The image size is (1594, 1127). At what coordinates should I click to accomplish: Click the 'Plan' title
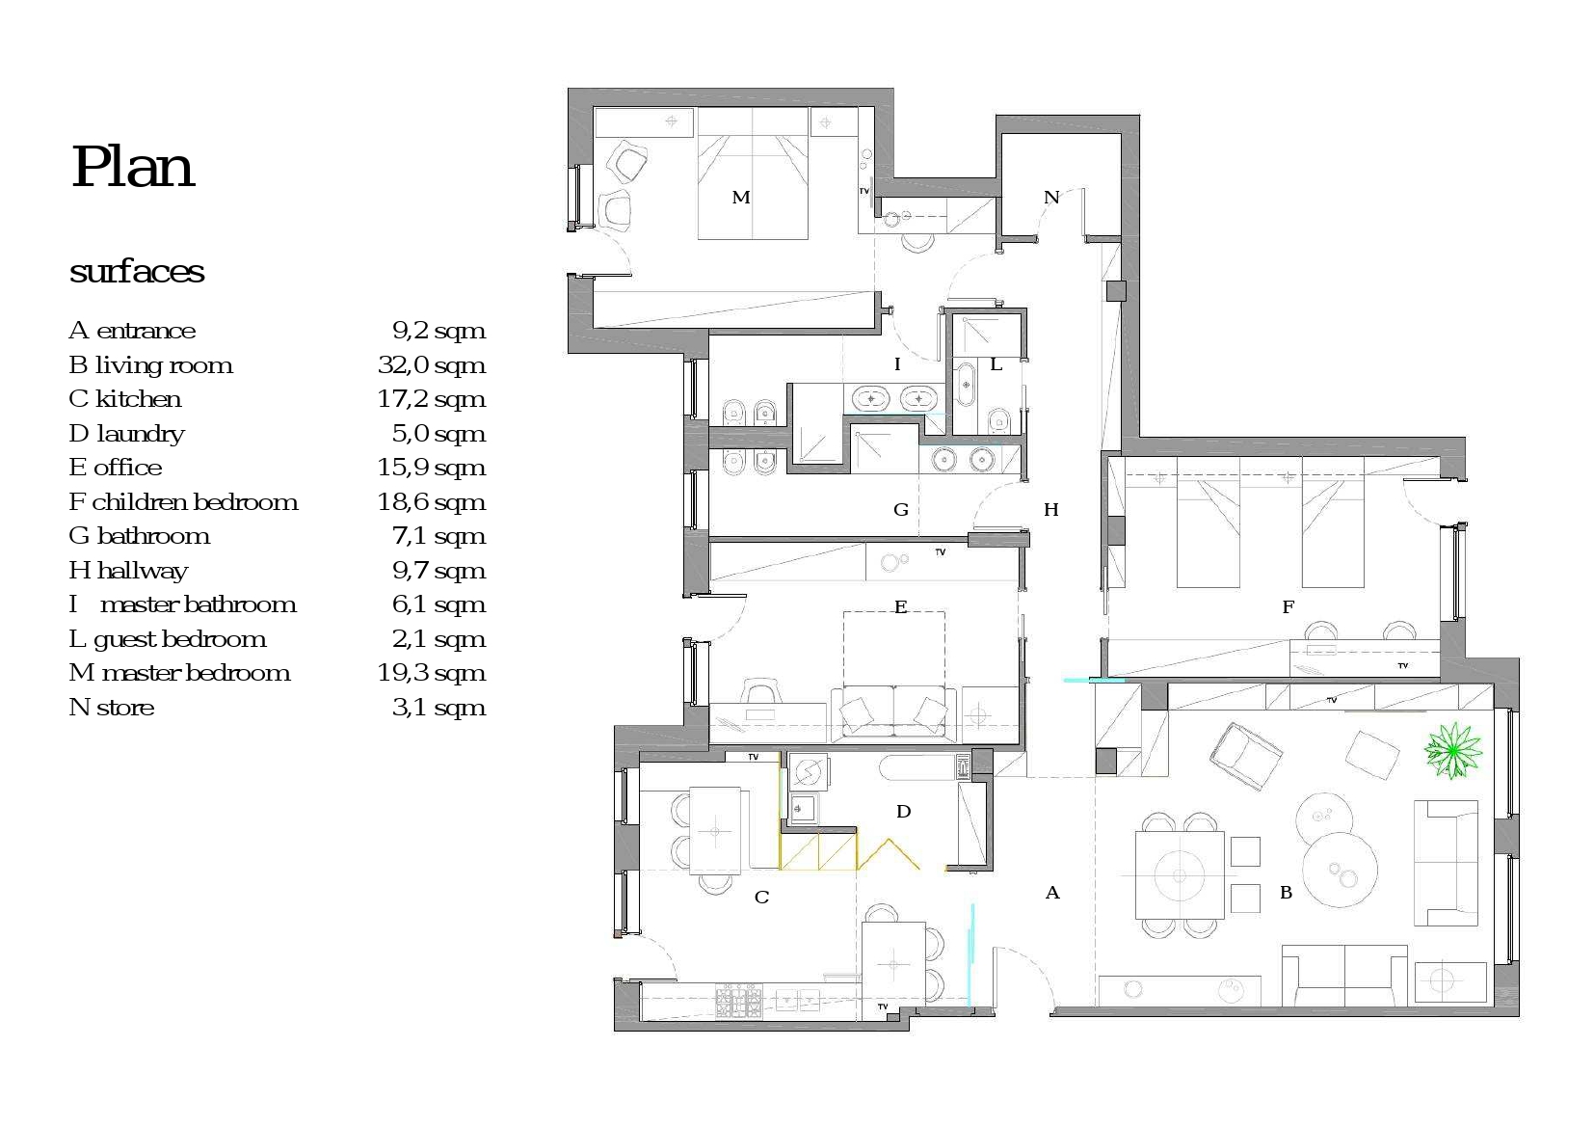[x=132, y=168]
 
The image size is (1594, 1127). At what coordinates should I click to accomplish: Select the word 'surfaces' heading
[x=137, y=271]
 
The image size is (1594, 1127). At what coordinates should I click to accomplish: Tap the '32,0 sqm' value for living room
[x=431, y=365]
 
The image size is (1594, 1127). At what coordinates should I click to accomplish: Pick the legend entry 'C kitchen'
[x=125, y=399]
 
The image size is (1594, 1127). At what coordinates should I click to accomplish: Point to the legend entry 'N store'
[x=112, y=708]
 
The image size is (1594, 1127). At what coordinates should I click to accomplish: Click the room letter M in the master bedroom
[x=741, y=198]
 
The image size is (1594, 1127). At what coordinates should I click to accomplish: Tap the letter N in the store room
[x=1051, y=198]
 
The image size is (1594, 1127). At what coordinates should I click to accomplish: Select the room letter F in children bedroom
[x=1288, y=607]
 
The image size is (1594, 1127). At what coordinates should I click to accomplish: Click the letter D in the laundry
[x=904, y=812]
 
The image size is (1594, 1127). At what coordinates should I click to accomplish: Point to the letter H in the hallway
[x=1051, y=510]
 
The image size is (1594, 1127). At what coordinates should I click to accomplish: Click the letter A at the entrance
[x=1052, y=893]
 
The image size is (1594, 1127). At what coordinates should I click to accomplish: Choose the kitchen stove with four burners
[x=738, y=1001]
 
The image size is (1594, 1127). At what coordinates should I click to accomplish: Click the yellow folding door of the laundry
[x=889, y=854]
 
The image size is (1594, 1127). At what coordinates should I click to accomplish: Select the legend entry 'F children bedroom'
[x=184, y=502]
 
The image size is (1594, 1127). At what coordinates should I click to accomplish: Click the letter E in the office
[x=901, y=607]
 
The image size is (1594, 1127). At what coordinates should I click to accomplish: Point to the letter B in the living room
[x=1286, y=893]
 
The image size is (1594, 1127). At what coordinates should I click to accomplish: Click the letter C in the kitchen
[x=761, y=897]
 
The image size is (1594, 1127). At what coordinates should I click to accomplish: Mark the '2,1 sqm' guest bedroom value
[x=439, y=639]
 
